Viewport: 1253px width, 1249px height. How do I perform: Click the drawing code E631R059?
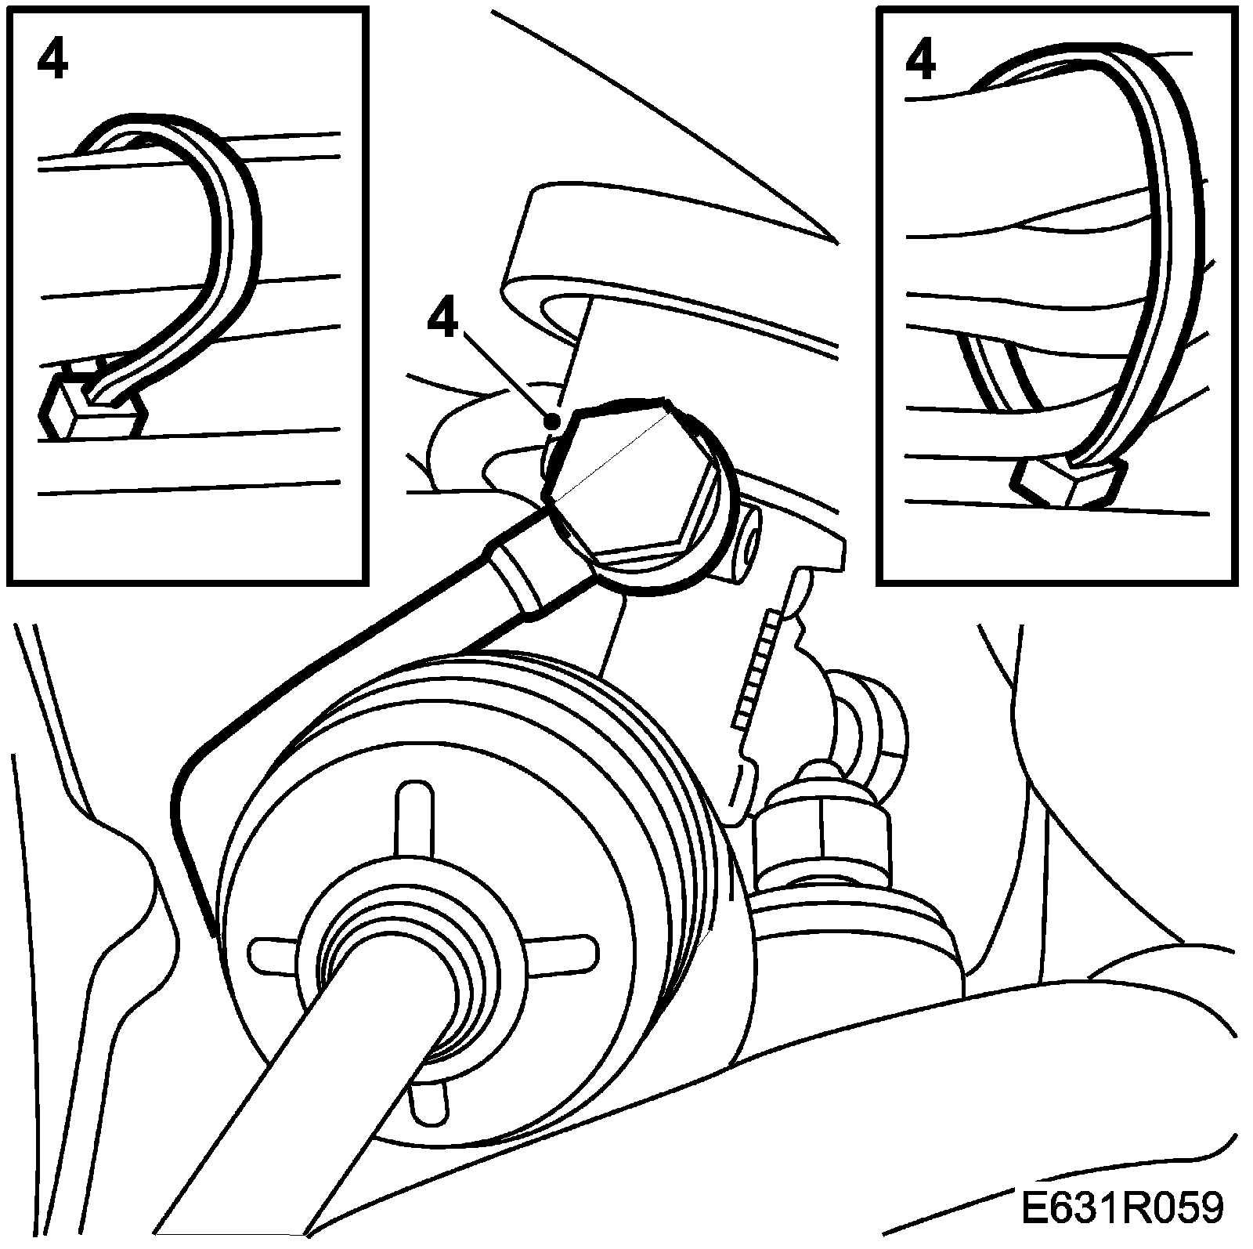pos(1121,1207)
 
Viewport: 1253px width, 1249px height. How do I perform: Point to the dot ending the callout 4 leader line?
pos(553,422)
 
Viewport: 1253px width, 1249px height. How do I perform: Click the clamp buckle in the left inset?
pos(92,404)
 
